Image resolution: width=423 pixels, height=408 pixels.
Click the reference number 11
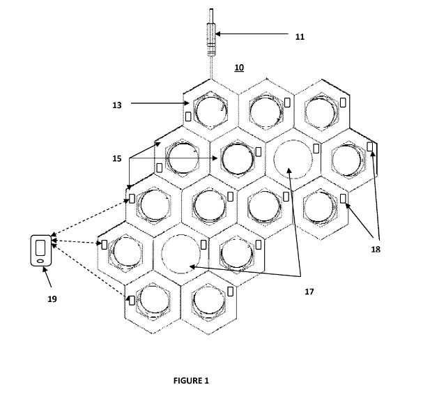300,36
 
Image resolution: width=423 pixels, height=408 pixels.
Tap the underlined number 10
239,68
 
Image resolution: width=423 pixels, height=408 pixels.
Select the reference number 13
117,105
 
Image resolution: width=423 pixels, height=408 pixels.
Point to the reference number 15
117,158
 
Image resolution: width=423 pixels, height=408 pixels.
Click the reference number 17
309,292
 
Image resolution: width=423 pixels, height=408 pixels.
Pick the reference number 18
376,249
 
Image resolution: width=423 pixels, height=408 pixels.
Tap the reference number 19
52,299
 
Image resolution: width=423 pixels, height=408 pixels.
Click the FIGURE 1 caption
191,381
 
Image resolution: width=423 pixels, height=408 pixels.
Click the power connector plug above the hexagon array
211,40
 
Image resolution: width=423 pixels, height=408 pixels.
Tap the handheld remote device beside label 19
40,250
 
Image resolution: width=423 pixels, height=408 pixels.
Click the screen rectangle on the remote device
40,248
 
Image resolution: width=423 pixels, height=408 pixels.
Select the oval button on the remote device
40,261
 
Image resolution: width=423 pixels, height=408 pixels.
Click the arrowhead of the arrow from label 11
217,33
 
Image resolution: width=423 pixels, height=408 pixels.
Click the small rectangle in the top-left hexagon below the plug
188,116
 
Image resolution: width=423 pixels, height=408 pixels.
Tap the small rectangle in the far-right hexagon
370,146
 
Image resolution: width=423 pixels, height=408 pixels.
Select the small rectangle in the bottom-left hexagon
132,301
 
